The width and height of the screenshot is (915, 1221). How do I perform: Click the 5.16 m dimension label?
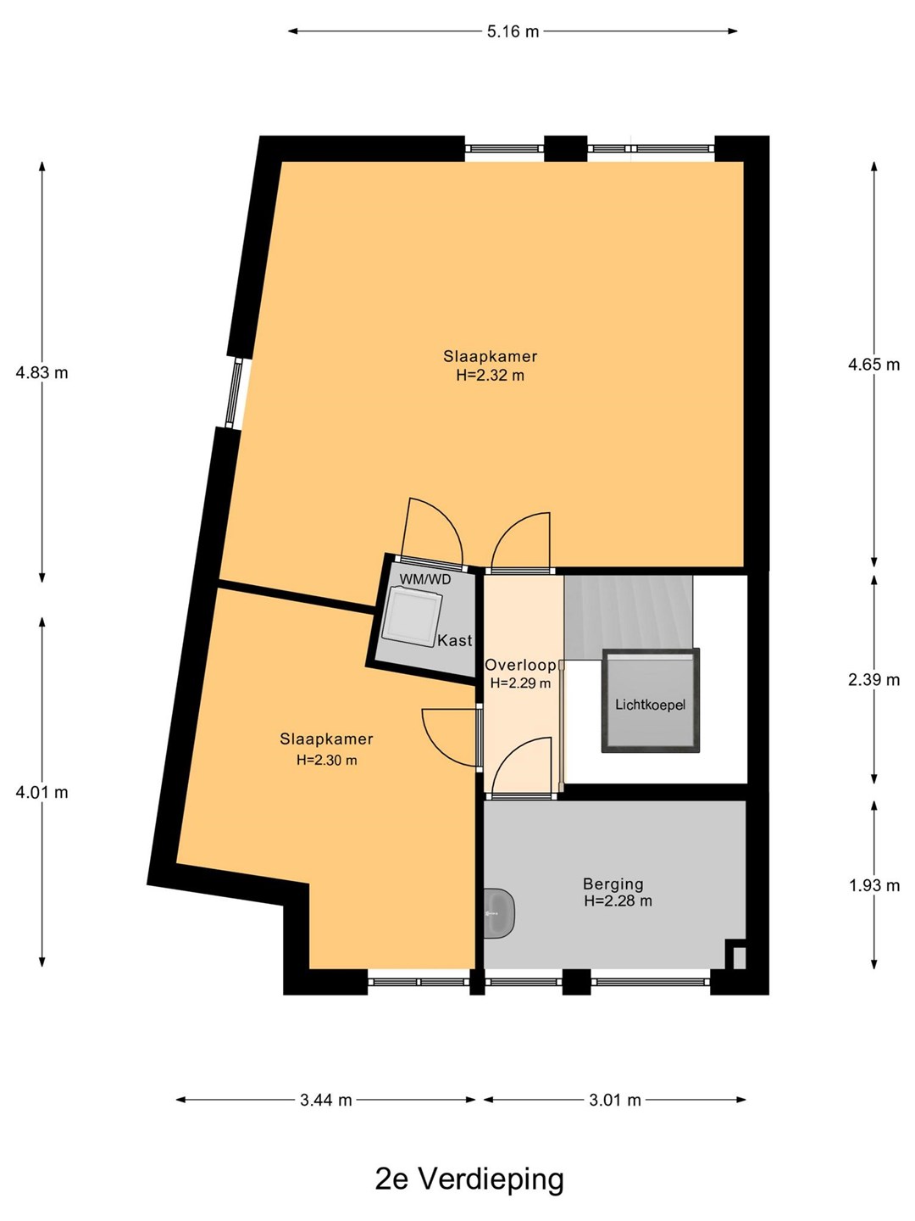click(513, 31)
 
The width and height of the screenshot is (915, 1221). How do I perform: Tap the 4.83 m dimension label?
click(42, 373)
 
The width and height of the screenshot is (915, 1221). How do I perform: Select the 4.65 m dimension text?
click(873, 365)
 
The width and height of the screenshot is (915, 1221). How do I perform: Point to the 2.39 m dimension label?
click(873, 680)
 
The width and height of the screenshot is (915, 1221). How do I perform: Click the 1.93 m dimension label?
click(873, 885)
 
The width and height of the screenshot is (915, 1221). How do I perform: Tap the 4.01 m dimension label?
click(42, 792)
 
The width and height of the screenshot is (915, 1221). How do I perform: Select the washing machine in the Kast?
click(413, 618)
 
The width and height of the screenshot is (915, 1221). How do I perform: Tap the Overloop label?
click(520, 666)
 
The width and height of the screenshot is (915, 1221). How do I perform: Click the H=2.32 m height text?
click(490, 375)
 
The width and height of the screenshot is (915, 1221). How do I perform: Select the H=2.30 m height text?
click(327, 760)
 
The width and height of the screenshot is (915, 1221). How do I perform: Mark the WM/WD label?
click(425, 580)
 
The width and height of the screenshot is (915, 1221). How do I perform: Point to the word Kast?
click(454, 641)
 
